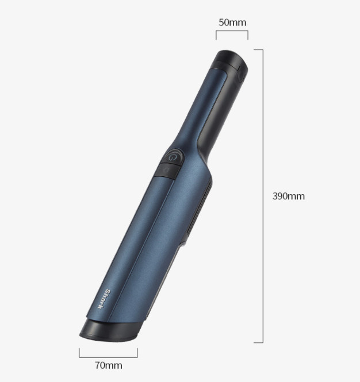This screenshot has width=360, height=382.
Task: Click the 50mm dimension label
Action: click(232, 22)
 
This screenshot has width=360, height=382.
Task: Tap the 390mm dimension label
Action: click(289, 196)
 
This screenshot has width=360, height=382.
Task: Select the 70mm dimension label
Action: click(109, 365)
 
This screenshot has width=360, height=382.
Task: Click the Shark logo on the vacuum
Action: click(104, 299)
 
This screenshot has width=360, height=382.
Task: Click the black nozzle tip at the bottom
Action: click(111, 331)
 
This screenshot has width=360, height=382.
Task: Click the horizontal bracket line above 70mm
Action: click(108, 357)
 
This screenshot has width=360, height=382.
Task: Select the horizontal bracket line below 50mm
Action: click(232, 31)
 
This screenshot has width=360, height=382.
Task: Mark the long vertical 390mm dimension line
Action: click(263, 196)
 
